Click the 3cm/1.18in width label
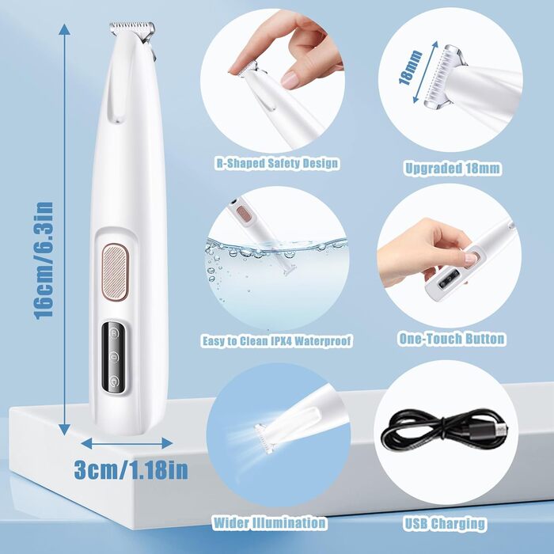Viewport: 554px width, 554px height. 131,469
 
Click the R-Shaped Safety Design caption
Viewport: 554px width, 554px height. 276,163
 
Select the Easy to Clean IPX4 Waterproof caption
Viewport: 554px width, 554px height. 276,341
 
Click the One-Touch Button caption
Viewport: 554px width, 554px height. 452,339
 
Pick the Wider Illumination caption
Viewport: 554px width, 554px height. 269,522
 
